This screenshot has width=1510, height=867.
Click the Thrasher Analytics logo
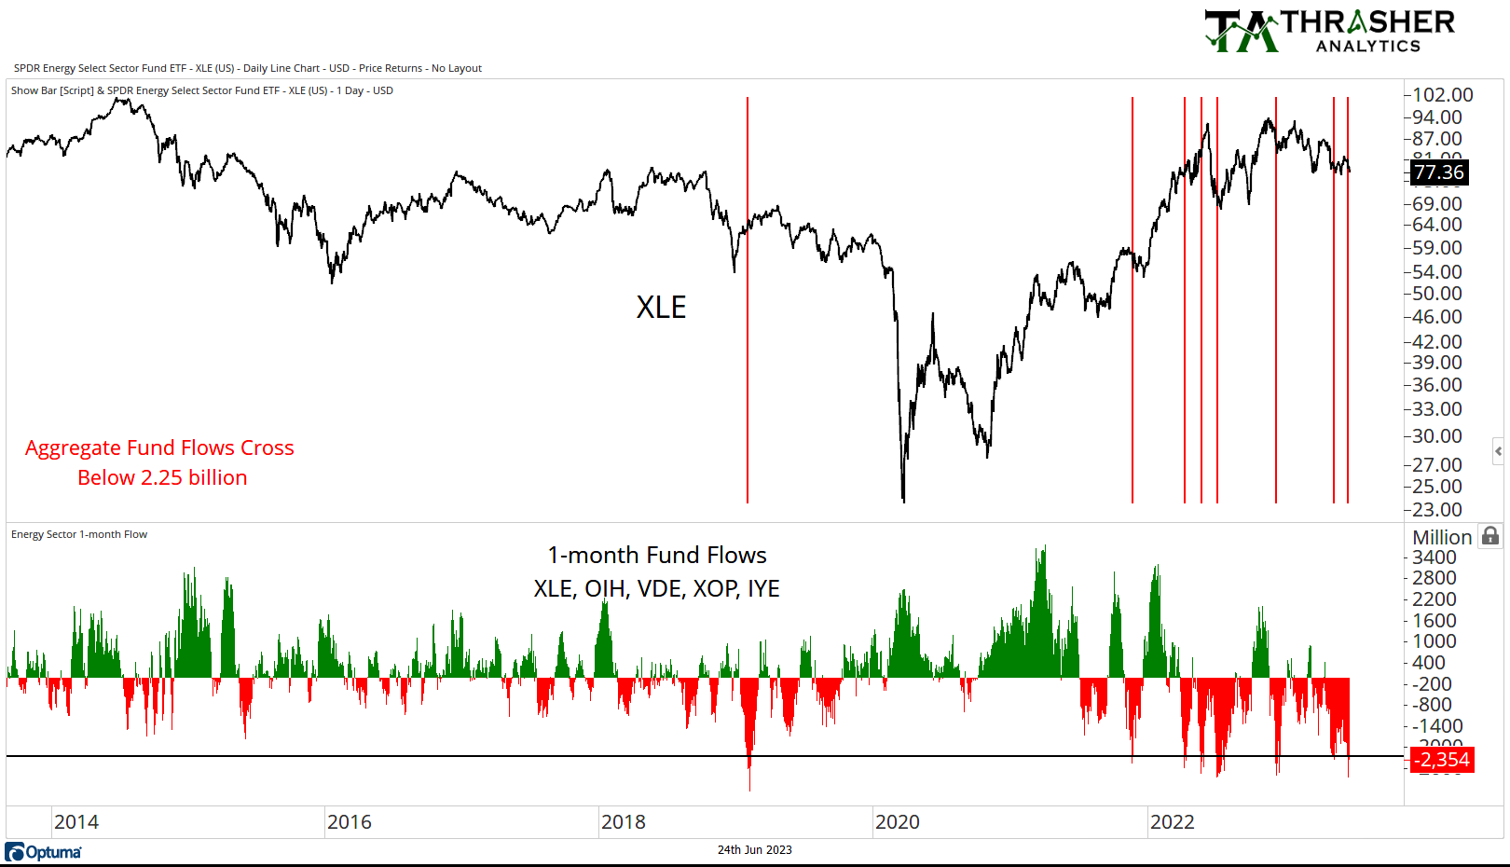[1328, 31]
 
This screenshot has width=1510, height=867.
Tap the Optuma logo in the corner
[43, 852]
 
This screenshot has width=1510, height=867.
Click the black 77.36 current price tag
[1438, 172]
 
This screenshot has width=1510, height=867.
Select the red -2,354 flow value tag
[1442, 760]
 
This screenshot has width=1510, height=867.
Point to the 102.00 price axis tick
[1442, 95]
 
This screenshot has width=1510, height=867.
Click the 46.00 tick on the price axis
[1436, 317]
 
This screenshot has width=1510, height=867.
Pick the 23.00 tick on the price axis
[1436, 510]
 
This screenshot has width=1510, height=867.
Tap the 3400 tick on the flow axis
[1434, 557]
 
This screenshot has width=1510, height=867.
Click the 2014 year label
[76, 822]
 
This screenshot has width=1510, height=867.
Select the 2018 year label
[624, 822]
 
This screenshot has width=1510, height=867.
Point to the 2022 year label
[1172, 822]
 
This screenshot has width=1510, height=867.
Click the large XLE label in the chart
[661, 308]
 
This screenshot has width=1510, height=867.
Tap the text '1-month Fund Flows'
[657, 556]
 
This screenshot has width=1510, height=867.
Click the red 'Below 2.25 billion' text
[162, 478]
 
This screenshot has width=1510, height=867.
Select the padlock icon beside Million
[1490, 536]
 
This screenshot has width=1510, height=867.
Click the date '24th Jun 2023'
[754, 850]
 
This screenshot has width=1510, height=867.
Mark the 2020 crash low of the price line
[903, 499]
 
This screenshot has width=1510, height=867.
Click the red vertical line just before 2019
[748, 298]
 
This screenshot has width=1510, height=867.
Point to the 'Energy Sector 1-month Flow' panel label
[79, 535]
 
